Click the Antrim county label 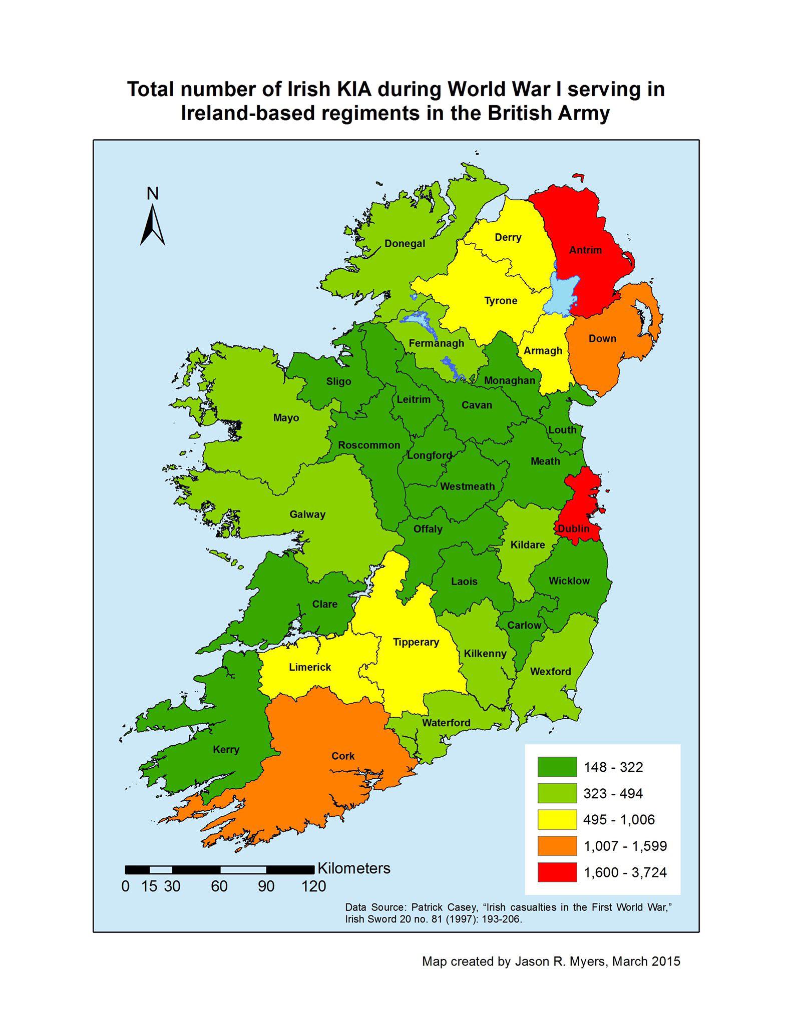(x=585, y=250)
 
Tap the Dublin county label (x=574, y=529)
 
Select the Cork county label (x=343, y=756)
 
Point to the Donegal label (x=405, y=244)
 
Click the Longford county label (x=429, y=455)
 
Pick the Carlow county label (x=524, y=625)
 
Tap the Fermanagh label (x=437, y=343)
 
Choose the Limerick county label (x=310, y=667)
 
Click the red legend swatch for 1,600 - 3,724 (x=557, y=872)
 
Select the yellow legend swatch (x=557, y=820)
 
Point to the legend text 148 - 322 (x=613, y=767)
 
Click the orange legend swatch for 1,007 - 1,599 (x=557, y=846)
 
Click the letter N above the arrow (x=153, y=193)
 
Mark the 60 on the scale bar (x=219, y=886)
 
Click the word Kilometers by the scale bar (x=354, y=868)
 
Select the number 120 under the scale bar (x=313, y=886)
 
